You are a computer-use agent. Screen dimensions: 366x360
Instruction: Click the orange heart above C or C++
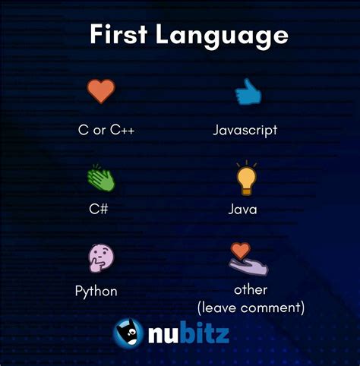tap(100, 91)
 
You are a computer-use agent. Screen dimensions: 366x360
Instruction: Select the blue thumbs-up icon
tap(246, 93)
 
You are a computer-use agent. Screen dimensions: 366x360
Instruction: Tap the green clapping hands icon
tap(100, 178)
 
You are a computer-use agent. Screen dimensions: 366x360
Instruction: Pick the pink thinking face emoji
tap(100, 258)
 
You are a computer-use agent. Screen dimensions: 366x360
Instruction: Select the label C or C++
tap(106, 130)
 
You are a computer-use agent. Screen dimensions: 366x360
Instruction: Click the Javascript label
tap(245, 130)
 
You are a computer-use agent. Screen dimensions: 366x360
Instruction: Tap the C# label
tap(96, 208)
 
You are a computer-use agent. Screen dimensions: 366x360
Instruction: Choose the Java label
tap(243, 208)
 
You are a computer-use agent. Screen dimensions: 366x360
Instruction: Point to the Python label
tap(96, 291)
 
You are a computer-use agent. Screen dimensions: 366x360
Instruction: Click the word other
tap(250, 290)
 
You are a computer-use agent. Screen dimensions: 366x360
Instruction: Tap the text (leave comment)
tap(250, 308)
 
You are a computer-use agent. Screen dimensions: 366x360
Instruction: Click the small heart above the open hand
tap(240, 250)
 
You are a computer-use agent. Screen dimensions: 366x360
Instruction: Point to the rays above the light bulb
tap(245, 163)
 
